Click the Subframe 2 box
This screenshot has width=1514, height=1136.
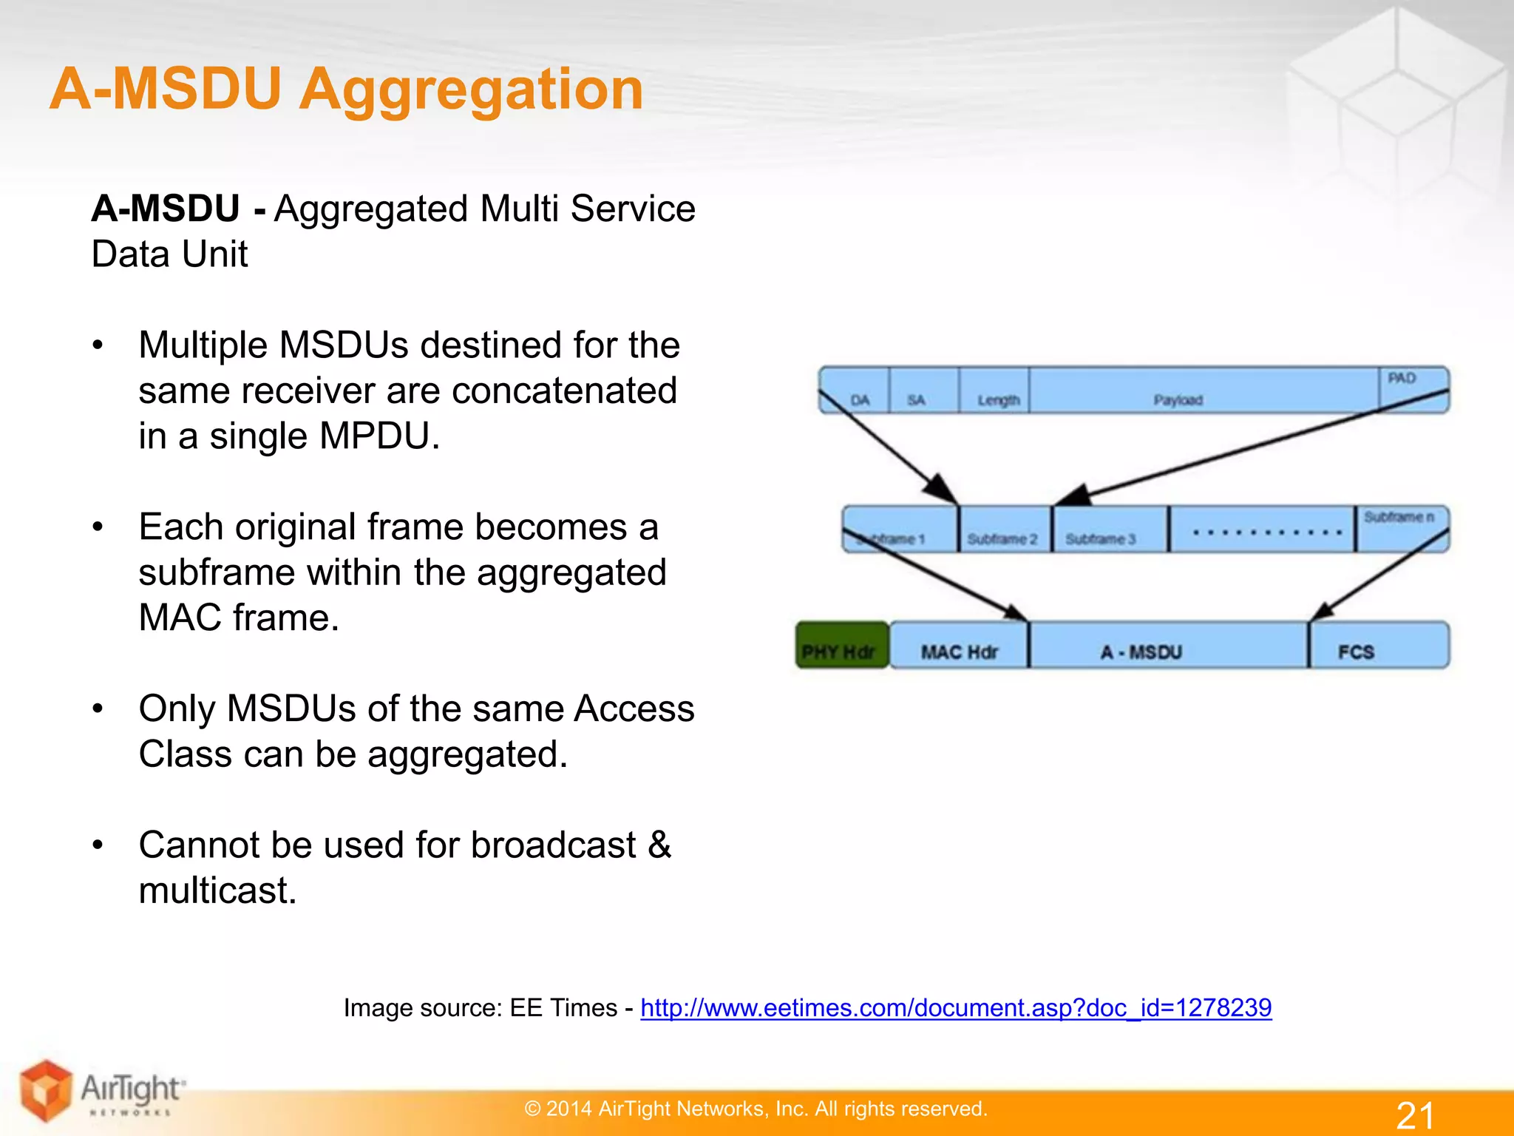1004,530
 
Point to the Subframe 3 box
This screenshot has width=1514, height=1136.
1109,530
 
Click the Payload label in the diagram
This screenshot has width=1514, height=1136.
1178,400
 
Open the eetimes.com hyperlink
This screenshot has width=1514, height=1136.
956,1007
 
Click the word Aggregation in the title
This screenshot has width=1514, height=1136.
471,89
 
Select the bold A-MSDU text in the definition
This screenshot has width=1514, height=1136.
166,209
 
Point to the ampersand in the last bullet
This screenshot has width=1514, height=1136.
659,845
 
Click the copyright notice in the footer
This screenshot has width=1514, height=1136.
756,1109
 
